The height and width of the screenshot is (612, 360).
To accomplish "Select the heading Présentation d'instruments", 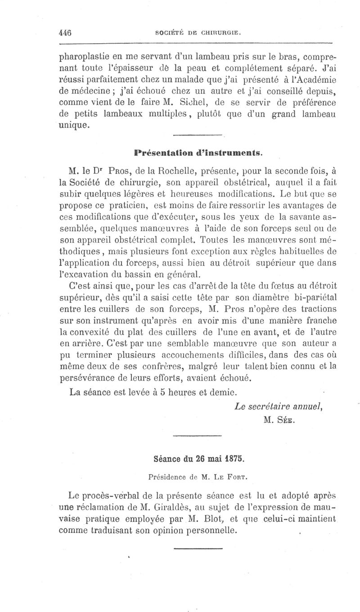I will [x=198, y=153].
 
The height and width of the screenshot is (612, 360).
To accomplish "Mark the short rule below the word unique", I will [x=198, y=135].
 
